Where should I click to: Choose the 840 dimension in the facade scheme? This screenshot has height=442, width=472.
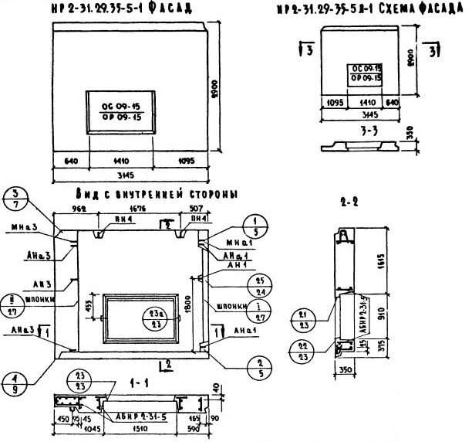[x=393, y=101]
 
